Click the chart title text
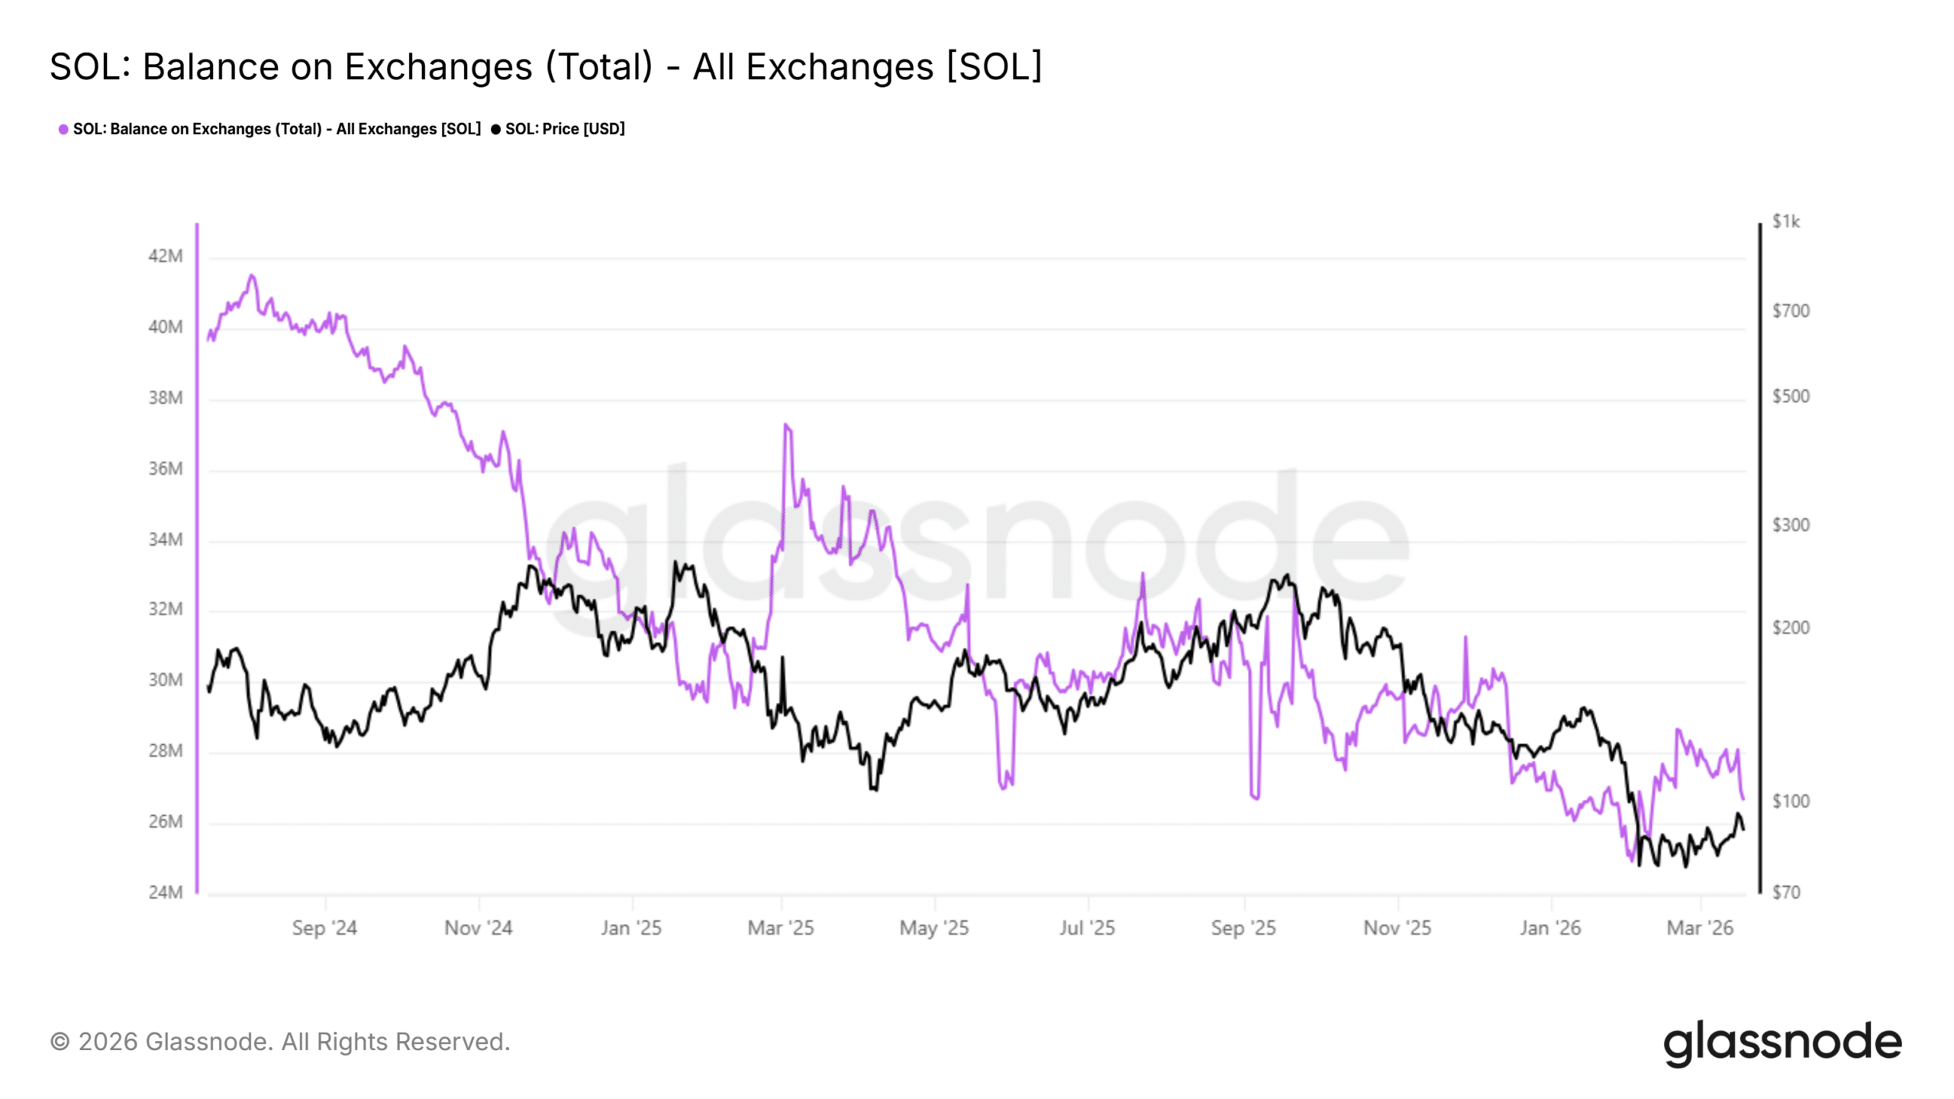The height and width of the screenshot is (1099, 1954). tap(545, 66)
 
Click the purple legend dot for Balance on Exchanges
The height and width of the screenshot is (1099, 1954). tap(63, 129)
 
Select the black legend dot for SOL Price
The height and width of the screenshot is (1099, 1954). tap(496, 129)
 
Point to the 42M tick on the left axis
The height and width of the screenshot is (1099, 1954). tap(166, 256)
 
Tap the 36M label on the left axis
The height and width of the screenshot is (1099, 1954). tap(166, 469)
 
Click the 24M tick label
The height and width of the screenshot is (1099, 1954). tap(166, 892)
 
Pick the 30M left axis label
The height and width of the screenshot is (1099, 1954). tap(166, 680)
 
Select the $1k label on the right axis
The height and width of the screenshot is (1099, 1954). tap(1785, 221)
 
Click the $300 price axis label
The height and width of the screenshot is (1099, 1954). tap(1790, 525)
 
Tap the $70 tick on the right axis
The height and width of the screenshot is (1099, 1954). tap(1786, 892)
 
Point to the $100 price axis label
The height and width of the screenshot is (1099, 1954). tap(1790, 801)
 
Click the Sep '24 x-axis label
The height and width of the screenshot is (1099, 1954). tap(324, 928)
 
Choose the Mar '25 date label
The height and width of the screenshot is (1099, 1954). tap(781, 928)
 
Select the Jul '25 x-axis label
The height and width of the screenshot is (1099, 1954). tap(1087, 928)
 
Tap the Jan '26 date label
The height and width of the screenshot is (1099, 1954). tap(1549, 928)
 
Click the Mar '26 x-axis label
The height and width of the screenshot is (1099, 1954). tap(1700, 928)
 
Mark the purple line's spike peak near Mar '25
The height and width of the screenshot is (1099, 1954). tap(785, 425)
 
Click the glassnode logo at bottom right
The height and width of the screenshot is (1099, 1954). tap(1782, 1043)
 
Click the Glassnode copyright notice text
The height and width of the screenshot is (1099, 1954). tap(280, 1042)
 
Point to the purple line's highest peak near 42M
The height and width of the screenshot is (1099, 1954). tap(252, 276)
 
